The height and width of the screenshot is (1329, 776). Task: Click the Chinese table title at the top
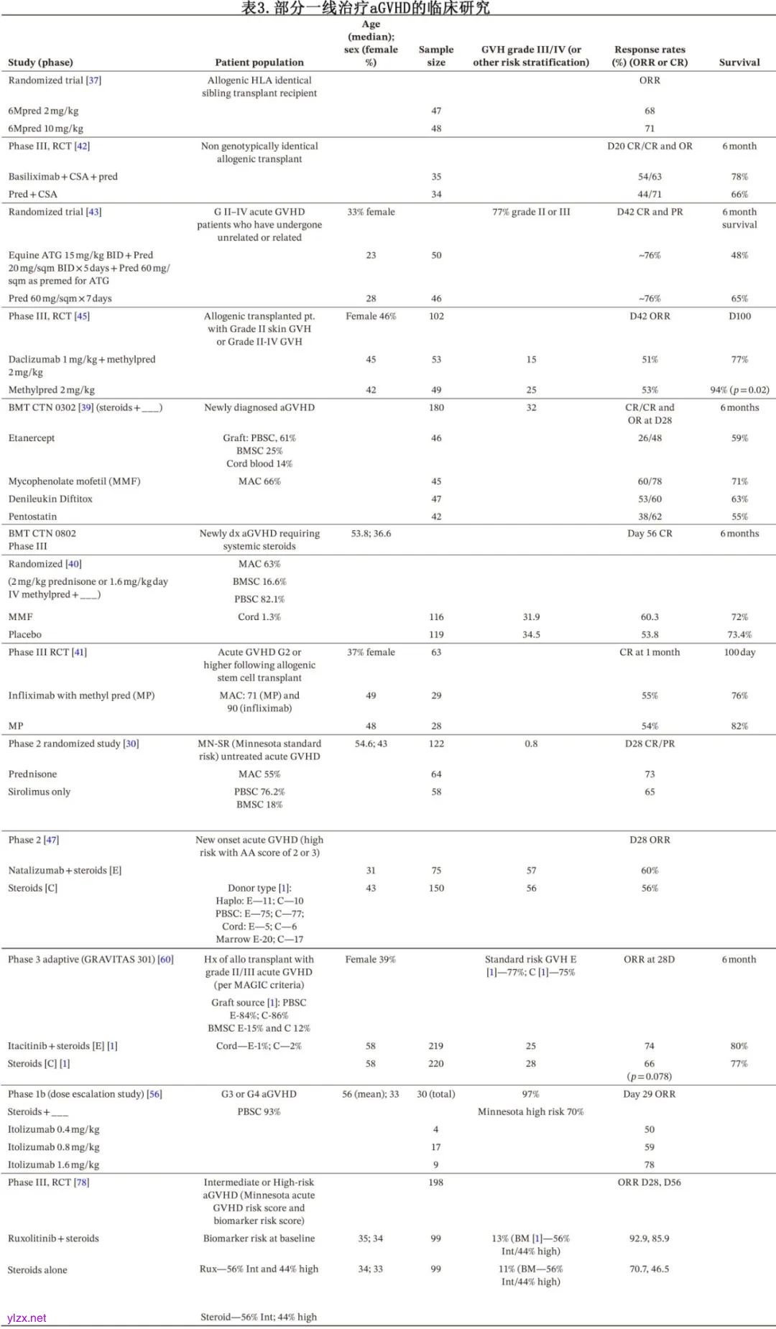[365, 8]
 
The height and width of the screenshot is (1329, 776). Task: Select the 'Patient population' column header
[259, 62]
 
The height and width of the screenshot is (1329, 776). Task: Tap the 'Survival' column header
[739, 62]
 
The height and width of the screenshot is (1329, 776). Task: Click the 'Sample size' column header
[436, 56]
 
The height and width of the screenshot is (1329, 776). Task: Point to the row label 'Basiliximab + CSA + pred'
[63, 177]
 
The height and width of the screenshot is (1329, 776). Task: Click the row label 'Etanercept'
[32, 438]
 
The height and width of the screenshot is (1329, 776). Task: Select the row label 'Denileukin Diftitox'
[50, 499]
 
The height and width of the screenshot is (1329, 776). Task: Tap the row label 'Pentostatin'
[32, 517]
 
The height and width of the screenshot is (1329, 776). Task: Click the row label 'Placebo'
[25, 635]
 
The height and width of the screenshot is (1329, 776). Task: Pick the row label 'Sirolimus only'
[40, 792]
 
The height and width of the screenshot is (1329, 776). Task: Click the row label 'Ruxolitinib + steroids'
[53, 1238]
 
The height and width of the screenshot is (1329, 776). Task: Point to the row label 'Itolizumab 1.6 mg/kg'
[54, 1164]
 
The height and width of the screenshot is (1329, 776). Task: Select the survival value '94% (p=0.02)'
[739, 390]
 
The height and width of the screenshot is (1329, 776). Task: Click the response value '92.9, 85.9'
[650, 1238]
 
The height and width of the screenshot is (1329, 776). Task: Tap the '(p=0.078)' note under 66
[650, 1076]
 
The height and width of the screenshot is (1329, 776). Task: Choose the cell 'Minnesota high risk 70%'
[531, 1112]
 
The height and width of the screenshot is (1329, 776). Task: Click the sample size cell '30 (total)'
[436, 1094]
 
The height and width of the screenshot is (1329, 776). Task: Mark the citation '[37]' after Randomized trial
[93, 80]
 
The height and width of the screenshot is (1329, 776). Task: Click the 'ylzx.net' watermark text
[27, 1318]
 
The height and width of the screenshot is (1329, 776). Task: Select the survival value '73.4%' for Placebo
[739, 635]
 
